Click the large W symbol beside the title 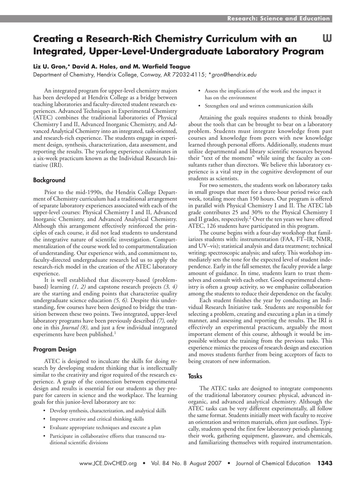(x=327, y=38)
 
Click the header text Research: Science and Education (x=278, y=19)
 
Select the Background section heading (x=49, y=180)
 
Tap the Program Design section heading (x=55, y=349)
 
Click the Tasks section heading (x=195, y=376)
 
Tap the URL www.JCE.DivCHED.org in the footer (x=108, y=463)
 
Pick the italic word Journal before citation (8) (x=68, y=328)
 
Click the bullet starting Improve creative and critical (x=97, y=419)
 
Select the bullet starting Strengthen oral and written (x=259, y=106)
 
